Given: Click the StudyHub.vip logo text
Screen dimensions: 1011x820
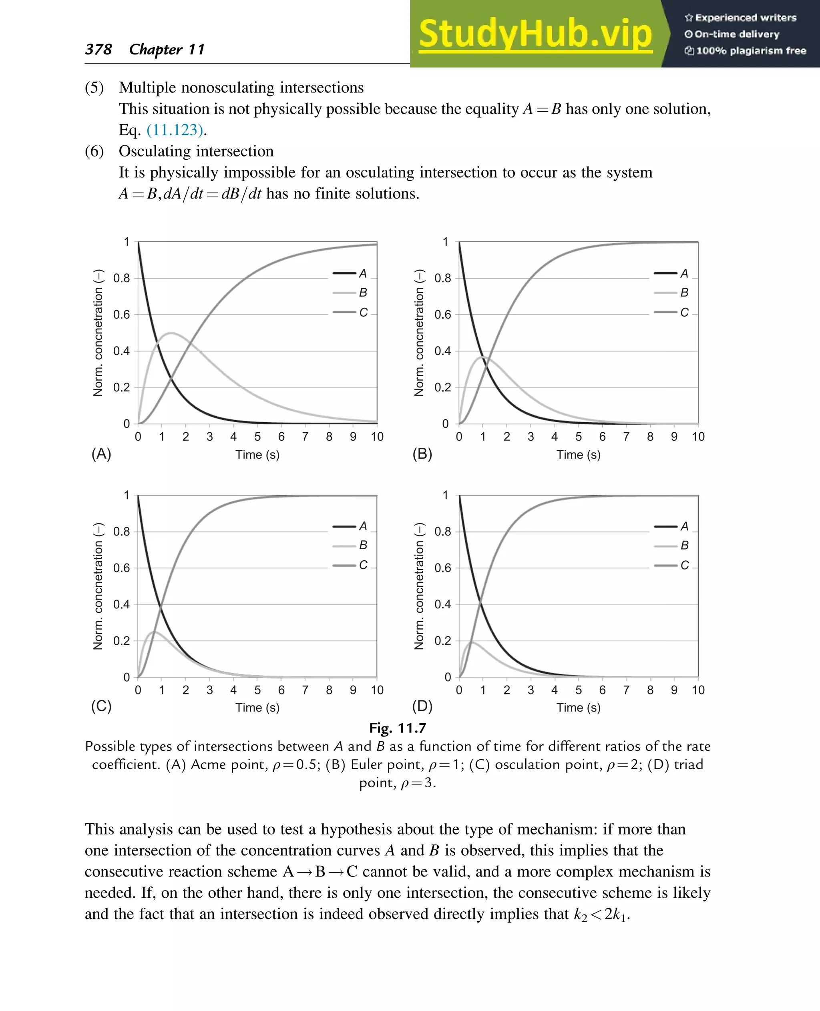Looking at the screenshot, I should (535, 34).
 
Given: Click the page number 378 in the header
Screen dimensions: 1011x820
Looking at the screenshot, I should (98, 49).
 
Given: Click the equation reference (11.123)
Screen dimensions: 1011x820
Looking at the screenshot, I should (175, 130).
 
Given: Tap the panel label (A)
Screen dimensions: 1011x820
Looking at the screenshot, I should (101, 454).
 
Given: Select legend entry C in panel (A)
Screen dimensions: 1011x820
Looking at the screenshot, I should (363, 313).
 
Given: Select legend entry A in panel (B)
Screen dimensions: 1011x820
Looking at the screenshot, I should (684, 273).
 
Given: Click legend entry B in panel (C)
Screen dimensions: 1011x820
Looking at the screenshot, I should (363, 546).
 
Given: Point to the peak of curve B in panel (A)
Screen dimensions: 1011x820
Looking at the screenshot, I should (171, 333).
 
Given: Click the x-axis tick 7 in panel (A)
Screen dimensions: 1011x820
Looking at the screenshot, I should (305, 437).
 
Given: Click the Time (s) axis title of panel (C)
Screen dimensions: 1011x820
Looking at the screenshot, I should (257, 707).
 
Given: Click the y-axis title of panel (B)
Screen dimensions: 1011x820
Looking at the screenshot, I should (419, 333).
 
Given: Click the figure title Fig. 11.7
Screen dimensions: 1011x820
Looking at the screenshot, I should (397, 728).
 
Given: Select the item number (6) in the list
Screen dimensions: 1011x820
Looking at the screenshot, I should (94, 151).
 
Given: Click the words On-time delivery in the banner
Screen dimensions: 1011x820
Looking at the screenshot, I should (736, 34).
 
